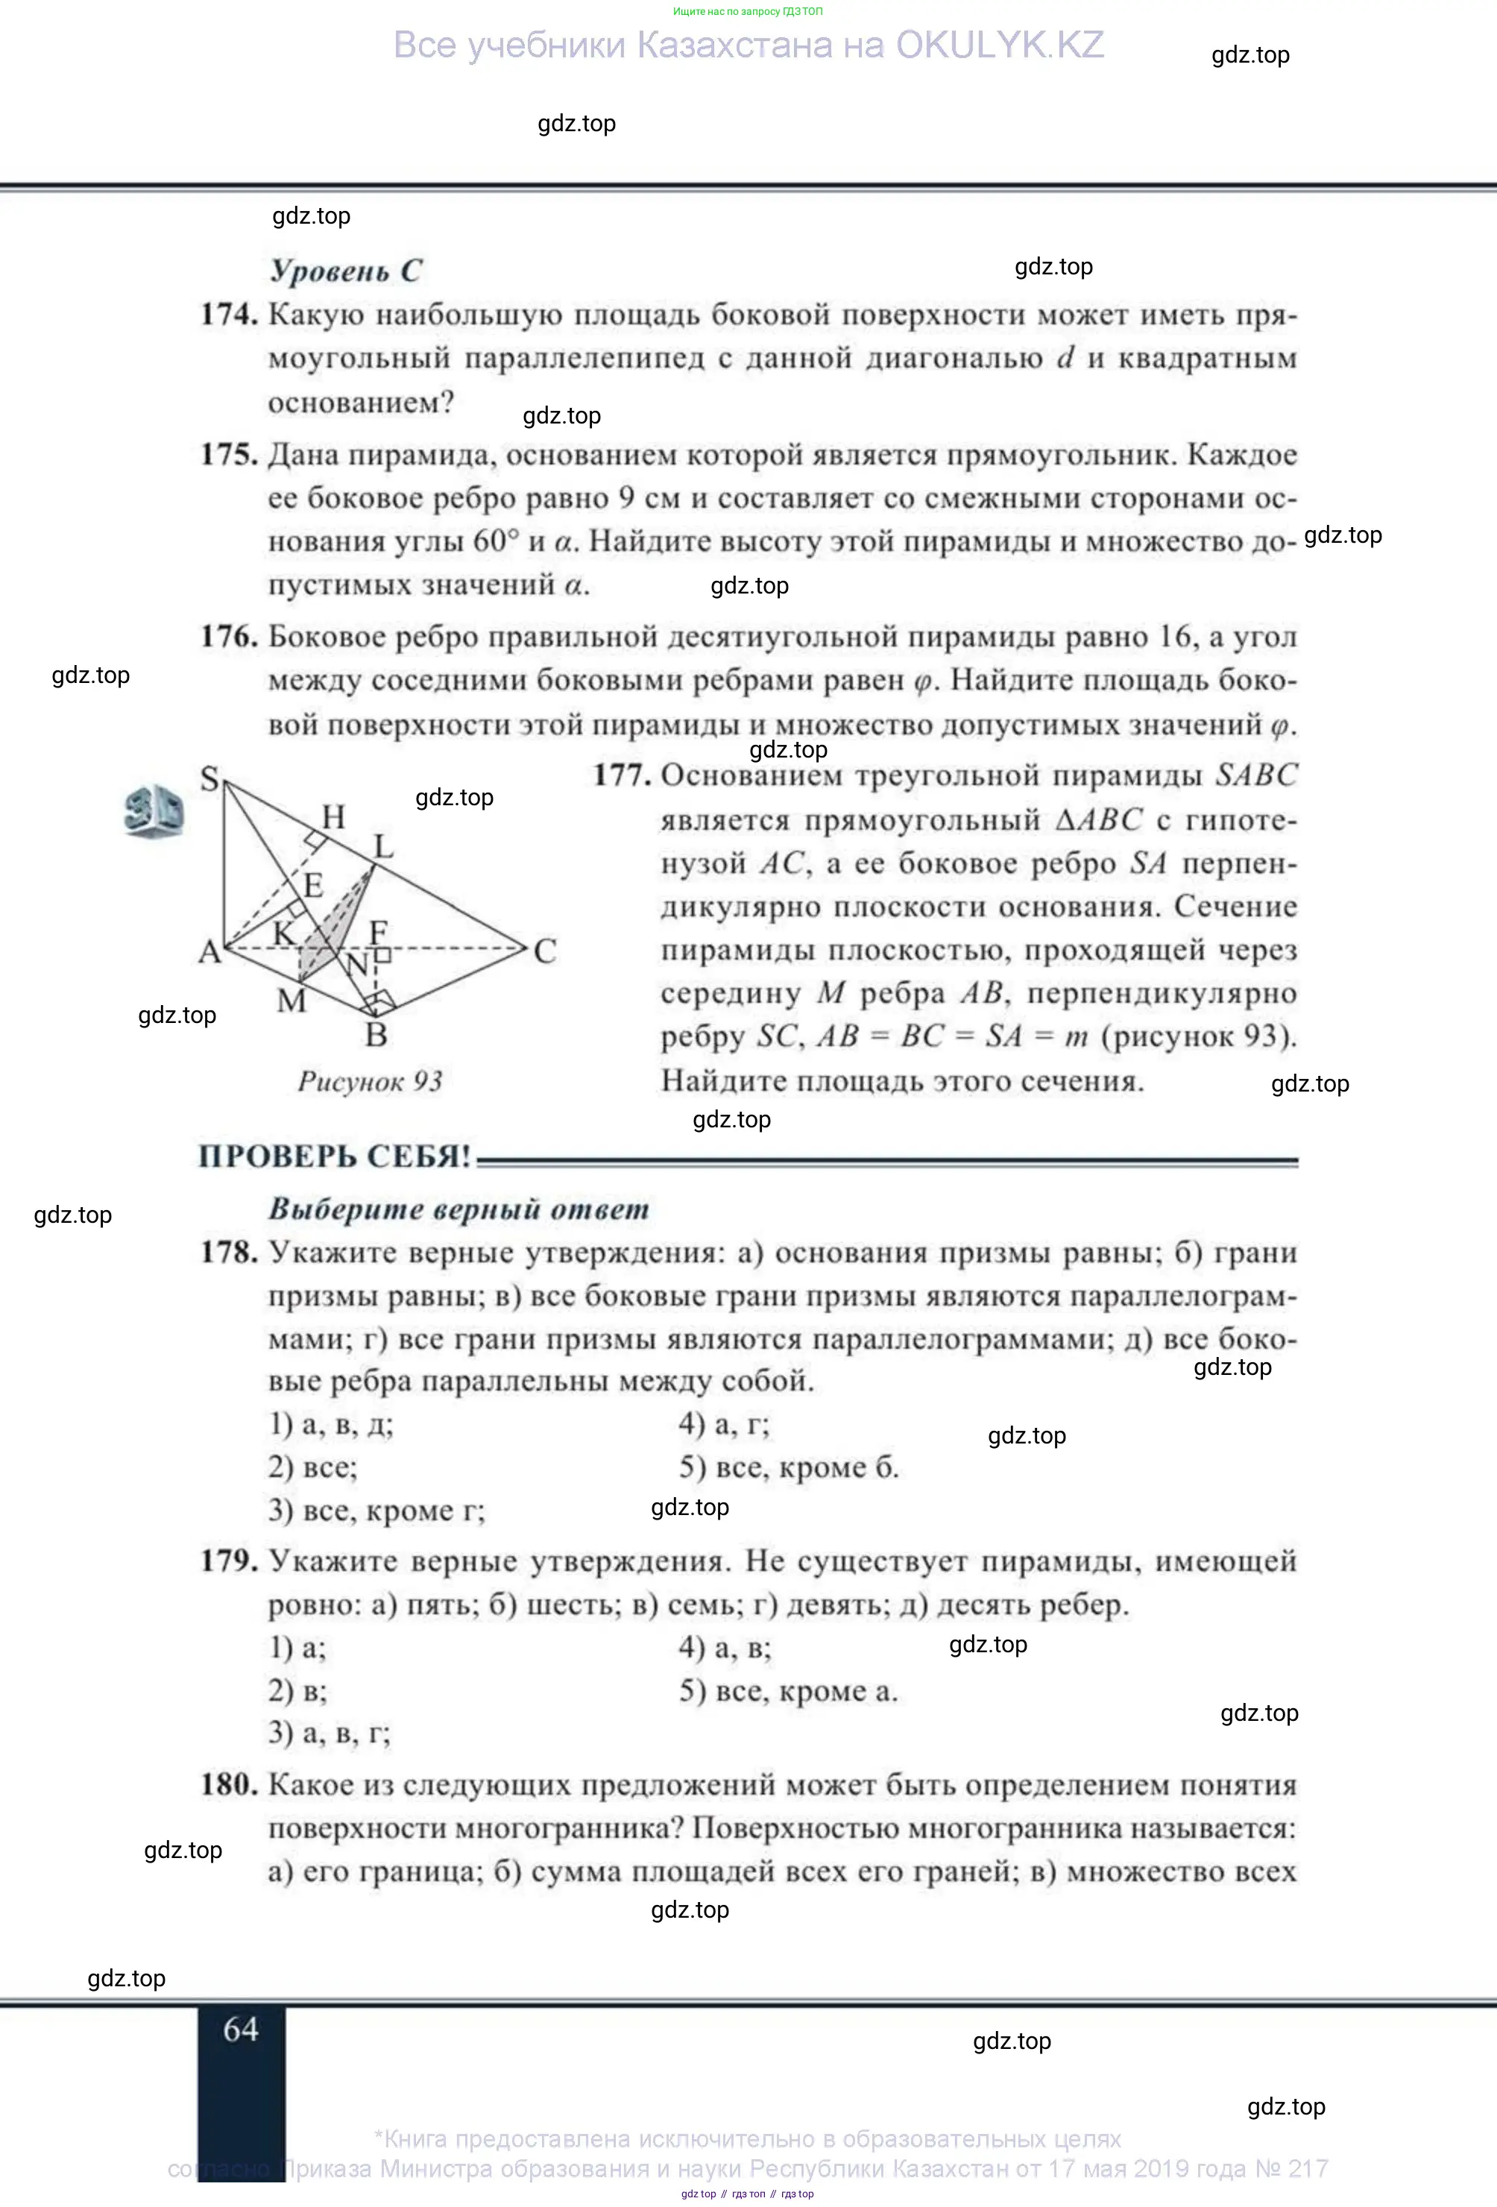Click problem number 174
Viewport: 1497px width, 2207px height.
pos(229,315)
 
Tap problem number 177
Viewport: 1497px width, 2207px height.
pos(622,776)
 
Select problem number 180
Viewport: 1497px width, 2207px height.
pos(229,1784)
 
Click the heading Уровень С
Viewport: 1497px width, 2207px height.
pos(345,271)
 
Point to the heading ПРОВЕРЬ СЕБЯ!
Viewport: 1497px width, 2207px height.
pos(334,1156)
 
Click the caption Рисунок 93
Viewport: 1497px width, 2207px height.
pos(371,1080)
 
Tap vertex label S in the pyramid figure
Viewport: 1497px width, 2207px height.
pos(209,778)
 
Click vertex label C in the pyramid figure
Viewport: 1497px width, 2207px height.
pos(545,951)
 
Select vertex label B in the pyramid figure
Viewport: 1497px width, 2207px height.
pos(376,1034)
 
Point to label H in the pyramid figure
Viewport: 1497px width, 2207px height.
pos(333,816)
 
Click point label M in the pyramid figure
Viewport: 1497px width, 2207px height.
pos(291,1000)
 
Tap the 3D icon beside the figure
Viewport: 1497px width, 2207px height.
pos(154,812)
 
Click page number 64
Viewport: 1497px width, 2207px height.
pos(241,2030)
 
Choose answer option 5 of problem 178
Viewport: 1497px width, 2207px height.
pos(788,1468)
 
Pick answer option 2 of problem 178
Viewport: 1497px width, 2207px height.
pos(312,1467)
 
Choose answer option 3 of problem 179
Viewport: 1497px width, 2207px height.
pos(329,1733)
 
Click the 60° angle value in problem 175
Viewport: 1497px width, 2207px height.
pos(497,541)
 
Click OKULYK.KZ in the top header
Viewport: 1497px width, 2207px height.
pos(1000,45)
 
